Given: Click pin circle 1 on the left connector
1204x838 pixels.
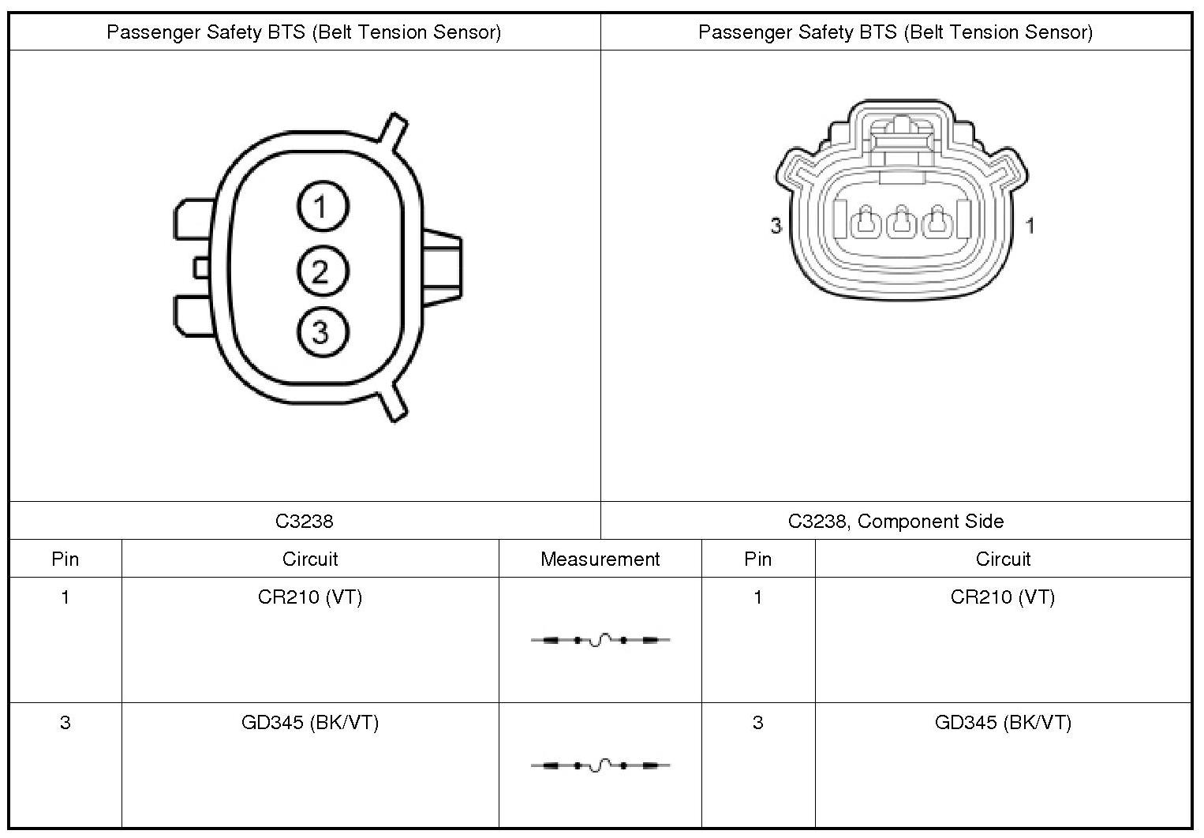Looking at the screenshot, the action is click(323, 207).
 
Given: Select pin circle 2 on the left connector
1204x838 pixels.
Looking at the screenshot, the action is click(323, 271).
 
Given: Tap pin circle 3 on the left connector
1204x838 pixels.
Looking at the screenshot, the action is click(323, 331).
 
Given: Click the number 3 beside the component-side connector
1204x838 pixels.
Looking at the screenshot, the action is click(776, 226).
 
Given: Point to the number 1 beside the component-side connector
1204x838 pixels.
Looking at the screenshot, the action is click(1030, 226).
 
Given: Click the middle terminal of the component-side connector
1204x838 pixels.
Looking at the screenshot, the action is click(901, 221).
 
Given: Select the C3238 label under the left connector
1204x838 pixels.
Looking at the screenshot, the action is click(305, 521).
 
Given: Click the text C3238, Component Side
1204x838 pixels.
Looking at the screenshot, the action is click(896, 521).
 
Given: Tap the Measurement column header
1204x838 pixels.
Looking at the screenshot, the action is click(600, 559).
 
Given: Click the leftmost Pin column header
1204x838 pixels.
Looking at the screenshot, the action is click(65, 559).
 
